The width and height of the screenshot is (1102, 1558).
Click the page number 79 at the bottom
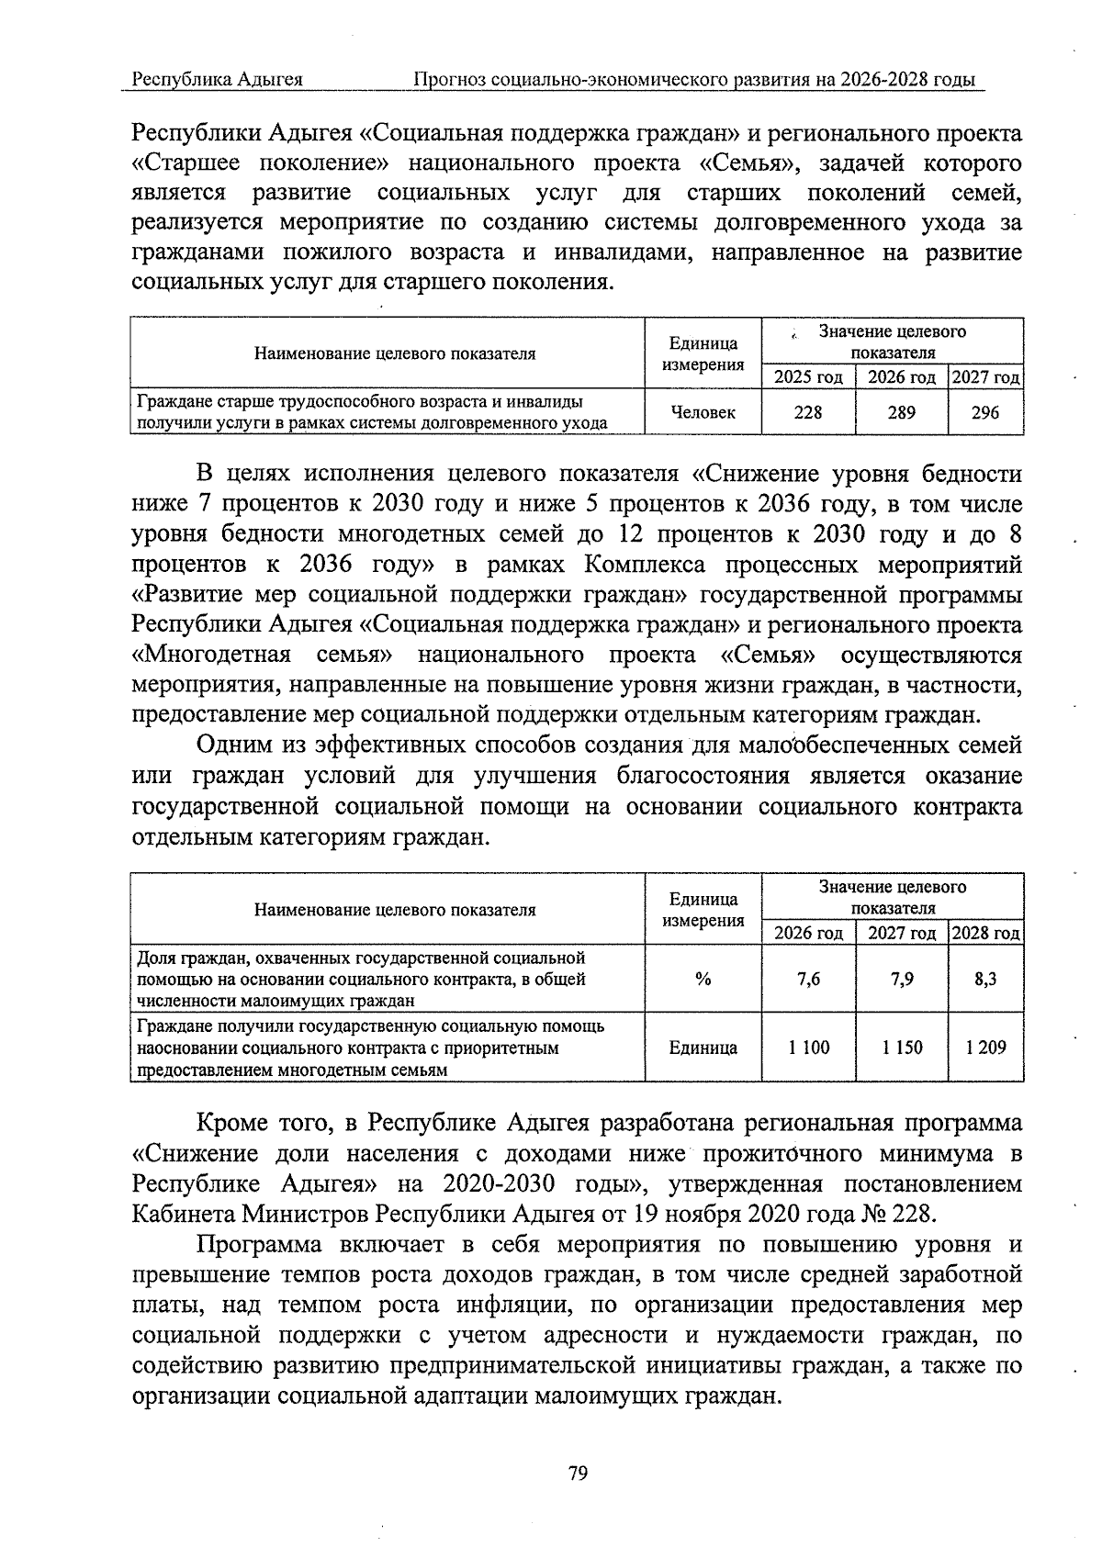578,1474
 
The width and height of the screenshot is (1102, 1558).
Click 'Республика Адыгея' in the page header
218,80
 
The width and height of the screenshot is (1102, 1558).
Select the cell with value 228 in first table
808,412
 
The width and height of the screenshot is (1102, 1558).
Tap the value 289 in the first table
901,412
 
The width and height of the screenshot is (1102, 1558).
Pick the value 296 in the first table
985,412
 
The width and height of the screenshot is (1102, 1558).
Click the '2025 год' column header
808,377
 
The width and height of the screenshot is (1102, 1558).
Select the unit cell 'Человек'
703,412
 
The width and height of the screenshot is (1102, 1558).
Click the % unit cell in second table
703,979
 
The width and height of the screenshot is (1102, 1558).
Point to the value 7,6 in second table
808,979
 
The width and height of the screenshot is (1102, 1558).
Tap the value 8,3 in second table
985,979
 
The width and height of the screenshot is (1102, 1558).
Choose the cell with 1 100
808,1048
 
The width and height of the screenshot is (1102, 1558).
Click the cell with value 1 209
985,1048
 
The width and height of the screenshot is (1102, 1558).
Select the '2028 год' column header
985,934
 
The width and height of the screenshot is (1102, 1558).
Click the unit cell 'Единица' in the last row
703,1048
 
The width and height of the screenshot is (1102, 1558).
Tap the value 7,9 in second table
901,979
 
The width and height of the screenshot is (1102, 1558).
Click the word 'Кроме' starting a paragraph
231,1123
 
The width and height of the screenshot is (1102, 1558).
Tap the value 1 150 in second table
901,1048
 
